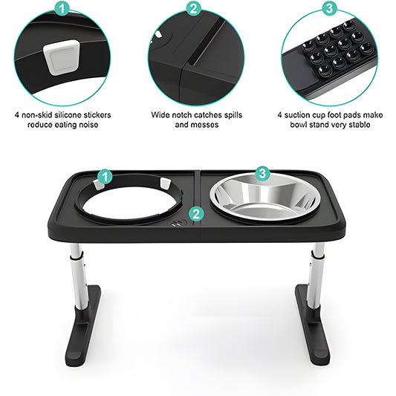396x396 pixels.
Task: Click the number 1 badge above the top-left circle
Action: [x=62, y=9]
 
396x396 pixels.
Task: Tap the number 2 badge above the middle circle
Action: [x=193, y=9]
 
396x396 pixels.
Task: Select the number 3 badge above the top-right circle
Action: [x=329, y=9]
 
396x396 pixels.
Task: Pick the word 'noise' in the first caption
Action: [x=88, y=125]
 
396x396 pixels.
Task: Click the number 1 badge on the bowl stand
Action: [x=105, y=176]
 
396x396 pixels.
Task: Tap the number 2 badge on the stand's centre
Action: [x=196, y=215]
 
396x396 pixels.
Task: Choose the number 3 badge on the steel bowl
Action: [x=262, y=173]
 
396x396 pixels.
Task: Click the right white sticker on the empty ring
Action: [x=165, y=184]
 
